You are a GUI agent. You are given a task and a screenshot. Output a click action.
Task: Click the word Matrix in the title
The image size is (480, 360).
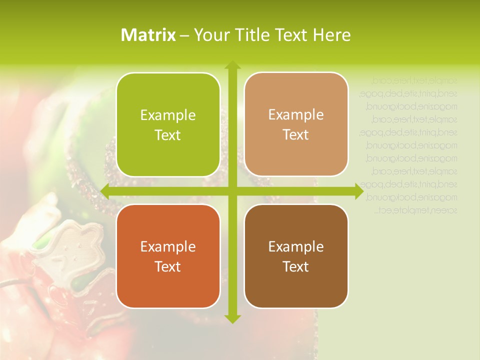point(148,35)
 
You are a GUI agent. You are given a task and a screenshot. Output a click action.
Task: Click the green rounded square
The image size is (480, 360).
point(168,124)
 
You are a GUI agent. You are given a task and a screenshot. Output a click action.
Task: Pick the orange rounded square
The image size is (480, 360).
point(168,256)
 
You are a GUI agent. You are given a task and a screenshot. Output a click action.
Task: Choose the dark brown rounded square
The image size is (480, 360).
point(296,256)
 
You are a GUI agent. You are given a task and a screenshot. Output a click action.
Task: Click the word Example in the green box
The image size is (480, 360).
point(168,115)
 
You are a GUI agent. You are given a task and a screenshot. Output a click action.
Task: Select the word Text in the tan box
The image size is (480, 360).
point(296,135)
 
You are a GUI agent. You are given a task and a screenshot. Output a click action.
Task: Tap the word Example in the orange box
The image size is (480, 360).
point(168,247)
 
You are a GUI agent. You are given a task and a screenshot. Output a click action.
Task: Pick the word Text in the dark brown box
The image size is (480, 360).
point(296,267)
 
